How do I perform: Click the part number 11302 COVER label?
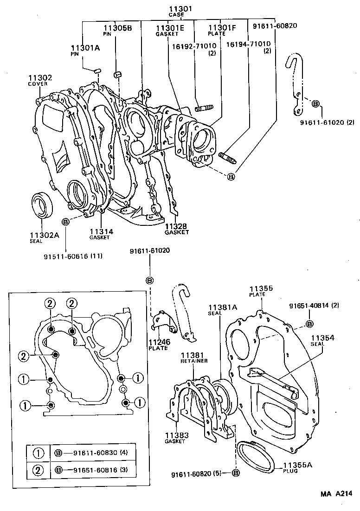pyautogui.click(x=40, y=81)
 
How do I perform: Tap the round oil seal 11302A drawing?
pyautogui.click(x=42, y=205)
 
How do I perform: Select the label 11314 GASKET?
pyautogui.click(x=101, y=233)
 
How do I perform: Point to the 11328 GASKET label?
pyautogui.click(x=177, y=228)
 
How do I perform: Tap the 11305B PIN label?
pyautogui.click(x=118, y=30)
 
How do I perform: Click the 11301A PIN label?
pyautogui.click(x=85, y=50)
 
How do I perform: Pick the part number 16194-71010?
pyautogui.click(x=249, y=45)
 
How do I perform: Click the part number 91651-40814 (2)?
pyautogui.click(x=321, y=306)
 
